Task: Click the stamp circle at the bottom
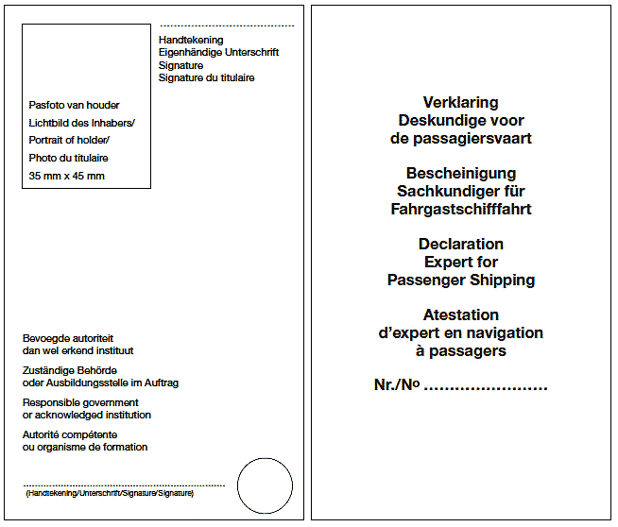(x=265, y=485)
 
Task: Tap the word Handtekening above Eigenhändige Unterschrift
(x=191, y=41)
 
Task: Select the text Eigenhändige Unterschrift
(x=218, y=53)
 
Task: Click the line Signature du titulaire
(x=206, y=77)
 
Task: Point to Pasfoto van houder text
(x=75, y=106)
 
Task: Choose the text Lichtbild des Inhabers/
(x=82, y=123)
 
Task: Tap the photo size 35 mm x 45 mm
(x=67, y=176)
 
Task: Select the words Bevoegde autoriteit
(x=68, y=338)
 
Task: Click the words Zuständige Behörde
(x=70, y=370)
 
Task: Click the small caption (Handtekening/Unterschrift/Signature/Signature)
(x=110, y=493)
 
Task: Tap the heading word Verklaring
(x=461, y=103)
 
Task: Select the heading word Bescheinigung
(x=461, y=174)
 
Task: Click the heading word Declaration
(x=461, y=245)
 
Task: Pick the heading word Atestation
(x=461, y=315)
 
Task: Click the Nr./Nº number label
(x=397, y=385)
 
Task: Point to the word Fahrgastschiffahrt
(x=461, y=210)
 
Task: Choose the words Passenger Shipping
(x=461, y=280)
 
